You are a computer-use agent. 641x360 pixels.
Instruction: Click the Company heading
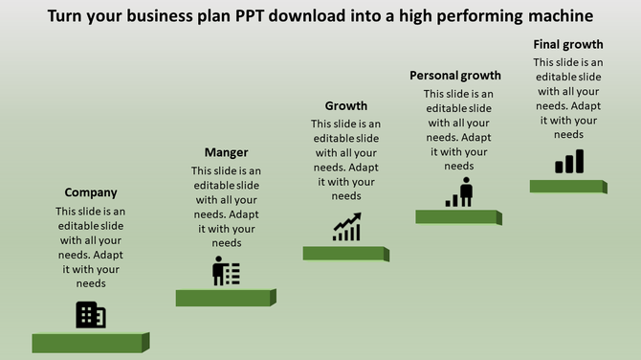click(x=91, y=192)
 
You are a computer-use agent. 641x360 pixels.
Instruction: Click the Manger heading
click(x=227, y=152)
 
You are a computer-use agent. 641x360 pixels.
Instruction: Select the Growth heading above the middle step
click(x=346, y=106)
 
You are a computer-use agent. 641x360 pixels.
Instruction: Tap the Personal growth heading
click(x=455, y=76)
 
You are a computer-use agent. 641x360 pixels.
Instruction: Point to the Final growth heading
click(x=568, y=44)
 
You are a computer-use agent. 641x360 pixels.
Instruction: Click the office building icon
click(x=91, y=314)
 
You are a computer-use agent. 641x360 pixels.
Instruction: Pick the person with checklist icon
click(x=227, y=271)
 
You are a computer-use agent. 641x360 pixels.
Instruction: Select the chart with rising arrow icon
click(x=346, y=227)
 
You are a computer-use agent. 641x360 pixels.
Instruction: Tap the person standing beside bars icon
click(x=459, y=191)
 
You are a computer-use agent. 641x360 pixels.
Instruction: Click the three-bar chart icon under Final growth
click(x=569, y=162)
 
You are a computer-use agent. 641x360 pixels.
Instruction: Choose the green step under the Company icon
click(x=88, y=343)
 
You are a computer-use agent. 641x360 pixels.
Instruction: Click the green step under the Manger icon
click(x=225, y=298)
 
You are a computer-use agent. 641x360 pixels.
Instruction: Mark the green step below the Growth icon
click(x=344, y=254)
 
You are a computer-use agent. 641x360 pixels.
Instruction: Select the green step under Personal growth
click(x=456, y=217)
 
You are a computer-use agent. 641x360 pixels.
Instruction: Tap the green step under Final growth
click(x=566, y=187)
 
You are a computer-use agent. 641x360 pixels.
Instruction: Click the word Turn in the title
click(x=64, y=16)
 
